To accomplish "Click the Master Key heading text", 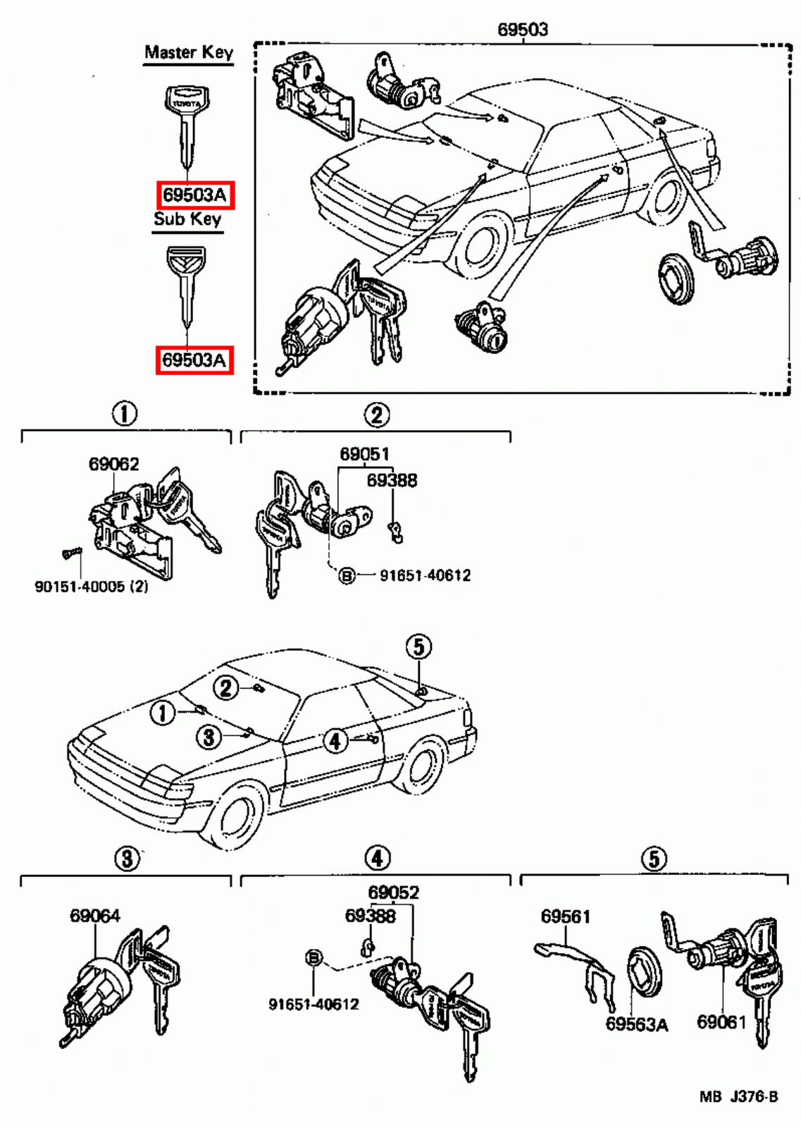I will tap(188, 52).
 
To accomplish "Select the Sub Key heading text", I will tap(187, 219).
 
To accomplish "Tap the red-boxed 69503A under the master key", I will tap(194, 194).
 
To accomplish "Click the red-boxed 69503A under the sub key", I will tap(194, 360).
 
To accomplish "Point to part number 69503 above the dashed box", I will tap(522, 29).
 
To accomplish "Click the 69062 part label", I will tap(113, 464).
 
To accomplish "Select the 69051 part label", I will tap(364, 454).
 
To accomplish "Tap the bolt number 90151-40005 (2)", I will tap(92, 587).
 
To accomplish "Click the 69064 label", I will tap(94, 916).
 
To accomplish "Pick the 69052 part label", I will tap(393, 893).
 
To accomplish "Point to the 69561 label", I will tap(565, 916).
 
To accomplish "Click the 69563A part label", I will tap(636, 1024).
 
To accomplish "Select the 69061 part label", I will tap(721, 1022).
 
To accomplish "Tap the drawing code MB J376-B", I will tap(738, 1097).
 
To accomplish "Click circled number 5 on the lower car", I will tap(418, 646).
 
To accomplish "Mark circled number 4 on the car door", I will tap(335, 740).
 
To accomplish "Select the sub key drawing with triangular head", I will tap(186, 286).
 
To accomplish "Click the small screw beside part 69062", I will tap(71, 553).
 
